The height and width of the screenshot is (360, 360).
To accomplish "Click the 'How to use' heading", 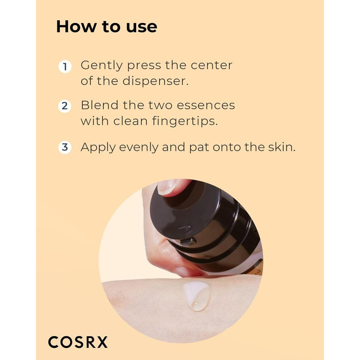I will (x=107, y=27).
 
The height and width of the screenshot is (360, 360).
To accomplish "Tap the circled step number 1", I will (x=65, y=67).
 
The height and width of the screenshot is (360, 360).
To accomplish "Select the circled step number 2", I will (x=65, y=107).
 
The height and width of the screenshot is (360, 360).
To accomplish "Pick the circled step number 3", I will (x=65, y=148).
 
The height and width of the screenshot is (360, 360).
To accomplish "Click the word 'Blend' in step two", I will (x=99, y=105).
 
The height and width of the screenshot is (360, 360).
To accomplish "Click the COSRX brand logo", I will (x=78, y=342).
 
